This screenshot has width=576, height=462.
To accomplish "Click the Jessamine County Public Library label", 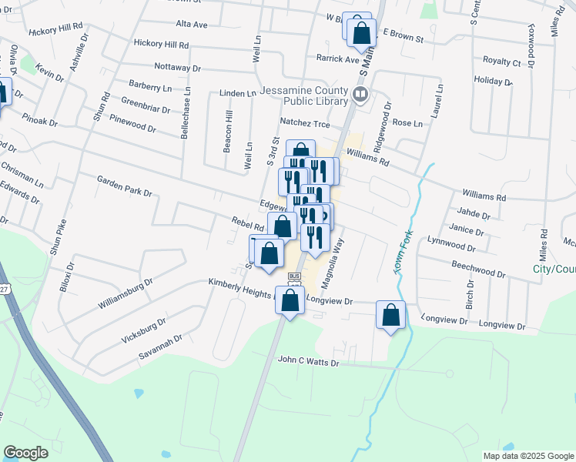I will point(304,95).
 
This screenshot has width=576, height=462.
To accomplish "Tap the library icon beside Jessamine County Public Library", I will point(360,95).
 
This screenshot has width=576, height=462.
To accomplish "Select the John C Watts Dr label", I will point(308,359).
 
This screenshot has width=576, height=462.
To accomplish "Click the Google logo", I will point(25,453).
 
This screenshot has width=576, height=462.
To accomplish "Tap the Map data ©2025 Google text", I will point(527,456).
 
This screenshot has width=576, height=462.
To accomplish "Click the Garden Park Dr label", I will point(124,185).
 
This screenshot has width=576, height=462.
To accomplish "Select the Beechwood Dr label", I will point(477,267).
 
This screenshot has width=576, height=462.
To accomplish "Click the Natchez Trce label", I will point(304,123).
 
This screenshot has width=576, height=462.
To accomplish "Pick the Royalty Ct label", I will point(501,61).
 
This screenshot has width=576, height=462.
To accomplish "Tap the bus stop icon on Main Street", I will point(293,276).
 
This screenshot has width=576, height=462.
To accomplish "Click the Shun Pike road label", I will point(58,236).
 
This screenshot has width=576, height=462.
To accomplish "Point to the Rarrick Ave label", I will point(337,58).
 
